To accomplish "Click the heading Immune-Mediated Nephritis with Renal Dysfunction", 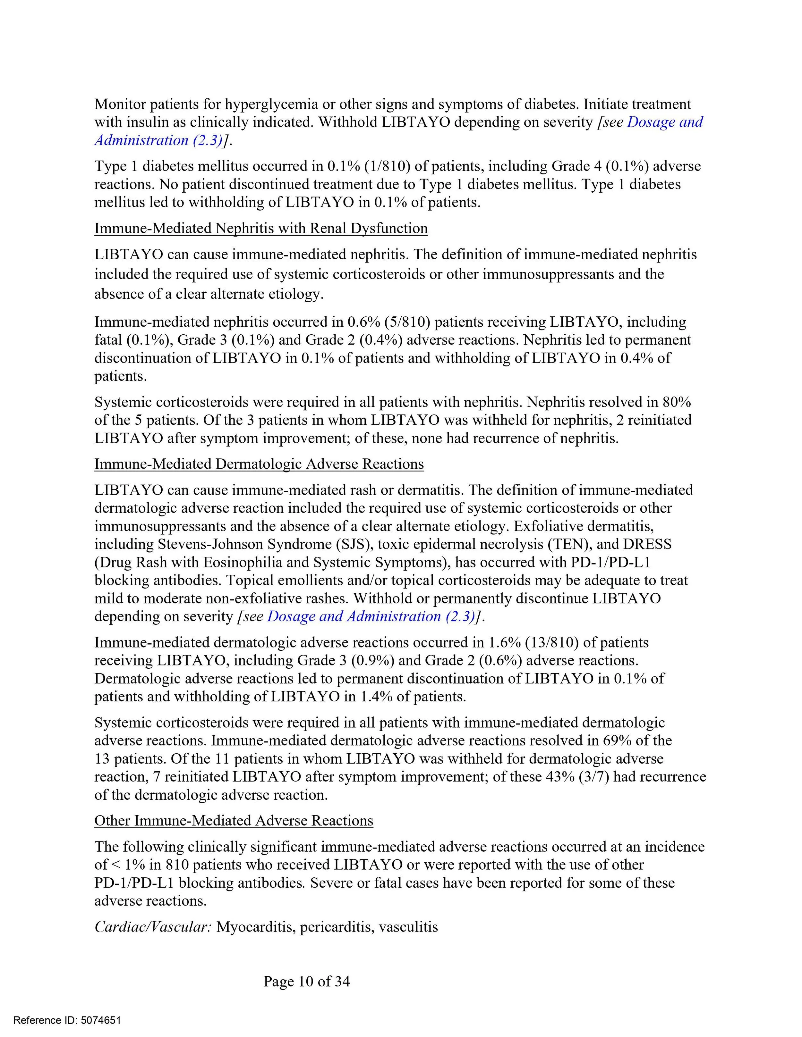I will (261, 228).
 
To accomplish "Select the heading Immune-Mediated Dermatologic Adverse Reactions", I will (259, 464).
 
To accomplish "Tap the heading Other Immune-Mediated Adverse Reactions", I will (234, 821).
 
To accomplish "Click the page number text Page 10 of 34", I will (306, 981).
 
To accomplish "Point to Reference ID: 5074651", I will (67, 1020).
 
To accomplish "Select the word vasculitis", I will (408, 927).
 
